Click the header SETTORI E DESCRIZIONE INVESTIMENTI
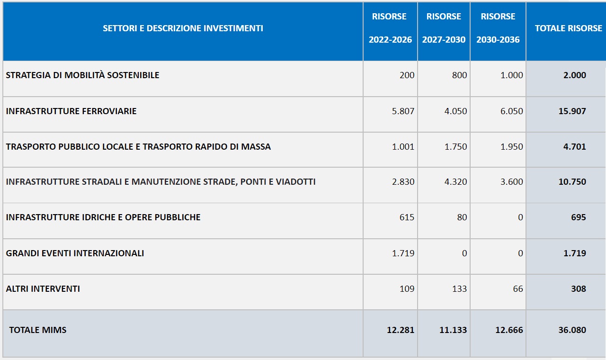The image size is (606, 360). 183,28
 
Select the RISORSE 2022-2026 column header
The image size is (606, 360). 390,28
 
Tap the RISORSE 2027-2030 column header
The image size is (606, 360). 444,28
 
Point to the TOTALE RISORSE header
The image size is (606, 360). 569,28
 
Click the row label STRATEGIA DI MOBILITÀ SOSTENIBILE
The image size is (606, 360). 82,75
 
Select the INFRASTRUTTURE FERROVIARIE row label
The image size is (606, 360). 71,111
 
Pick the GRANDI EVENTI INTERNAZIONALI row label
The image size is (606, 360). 75,253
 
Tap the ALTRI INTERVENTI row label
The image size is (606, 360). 43,289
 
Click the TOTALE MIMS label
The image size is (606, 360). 37,330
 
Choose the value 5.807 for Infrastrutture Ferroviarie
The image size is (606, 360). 403,111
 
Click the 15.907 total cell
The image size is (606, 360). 572,111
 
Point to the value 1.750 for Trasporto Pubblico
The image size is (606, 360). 455,146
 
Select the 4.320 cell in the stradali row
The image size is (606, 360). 455,181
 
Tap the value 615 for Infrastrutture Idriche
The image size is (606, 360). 407,217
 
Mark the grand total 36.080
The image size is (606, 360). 572,330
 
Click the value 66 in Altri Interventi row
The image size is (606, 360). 518,289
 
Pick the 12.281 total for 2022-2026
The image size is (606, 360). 401,330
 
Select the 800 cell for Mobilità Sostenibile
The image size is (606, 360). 459,75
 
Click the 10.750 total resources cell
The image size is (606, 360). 572,181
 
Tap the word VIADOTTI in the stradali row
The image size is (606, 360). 295,181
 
